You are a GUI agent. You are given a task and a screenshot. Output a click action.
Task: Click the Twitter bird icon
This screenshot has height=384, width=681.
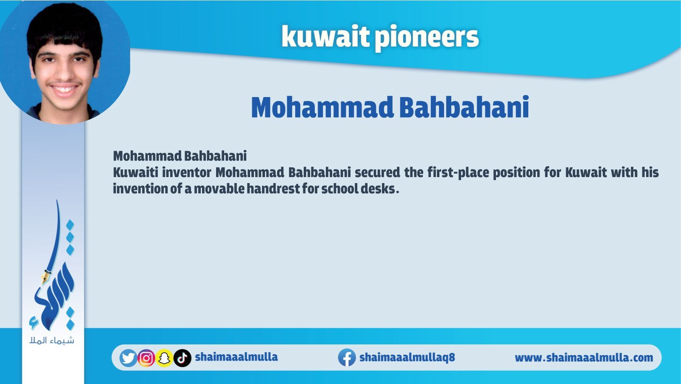[x=128, y=358]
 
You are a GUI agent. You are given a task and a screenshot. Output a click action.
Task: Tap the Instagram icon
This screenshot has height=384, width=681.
[x=146, y=358]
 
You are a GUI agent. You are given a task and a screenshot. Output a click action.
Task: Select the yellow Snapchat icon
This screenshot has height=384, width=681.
[x=164, y=358]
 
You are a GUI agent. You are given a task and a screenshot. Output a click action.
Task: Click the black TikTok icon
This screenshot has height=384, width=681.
[x=182, y=358]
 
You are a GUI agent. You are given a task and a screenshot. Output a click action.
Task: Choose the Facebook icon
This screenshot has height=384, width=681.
[x=347, y=358]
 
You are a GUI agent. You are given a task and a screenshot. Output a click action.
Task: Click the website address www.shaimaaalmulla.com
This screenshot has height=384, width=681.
[x=584, y=358]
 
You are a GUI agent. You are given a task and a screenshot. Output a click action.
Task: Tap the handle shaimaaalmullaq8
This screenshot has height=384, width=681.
[x=407, y=357]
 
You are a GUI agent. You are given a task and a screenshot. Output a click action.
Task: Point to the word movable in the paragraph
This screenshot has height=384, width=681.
[x=219, y=189]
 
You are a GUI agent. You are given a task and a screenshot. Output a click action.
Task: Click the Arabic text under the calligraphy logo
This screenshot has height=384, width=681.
[x=52, y=340]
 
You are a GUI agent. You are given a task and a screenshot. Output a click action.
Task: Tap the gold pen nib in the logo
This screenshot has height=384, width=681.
[x=46, y=276]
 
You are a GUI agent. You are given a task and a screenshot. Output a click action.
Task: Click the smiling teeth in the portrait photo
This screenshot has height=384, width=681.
[x=64, y=89]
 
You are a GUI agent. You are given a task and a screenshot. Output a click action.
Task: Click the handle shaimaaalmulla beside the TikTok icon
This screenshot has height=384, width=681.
[x=236, y=357]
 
